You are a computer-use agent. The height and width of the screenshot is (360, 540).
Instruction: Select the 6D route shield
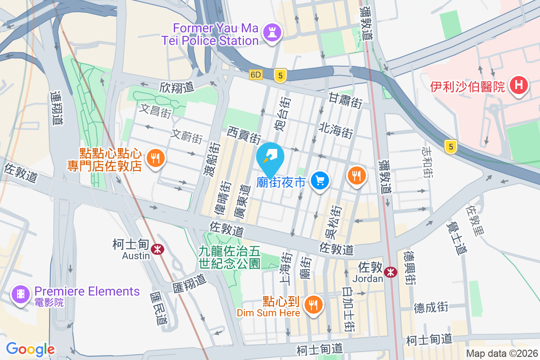[x=256, y=75]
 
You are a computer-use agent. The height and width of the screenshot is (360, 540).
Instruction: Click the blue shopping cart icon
[x=320, y=180]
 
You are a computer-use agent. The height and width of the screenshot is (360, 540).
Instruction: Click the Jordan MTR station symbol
[x=390, y=271]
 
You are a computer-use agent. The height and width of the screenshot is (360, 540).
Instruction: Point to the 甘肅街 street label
[x=345, y=100]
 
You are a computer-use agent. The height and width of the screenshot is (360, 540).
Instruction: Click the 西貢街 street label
[x=244, y=134]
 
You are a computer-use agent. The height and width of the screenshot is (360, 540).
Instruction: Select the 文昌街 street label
[x=155, y=111]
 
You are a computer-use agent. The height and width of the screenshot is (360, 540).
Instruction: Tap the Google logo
[x=30, y=349]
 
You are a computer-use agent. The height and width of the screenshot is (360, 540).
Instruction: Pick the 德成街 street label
[x=431, y=308]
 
